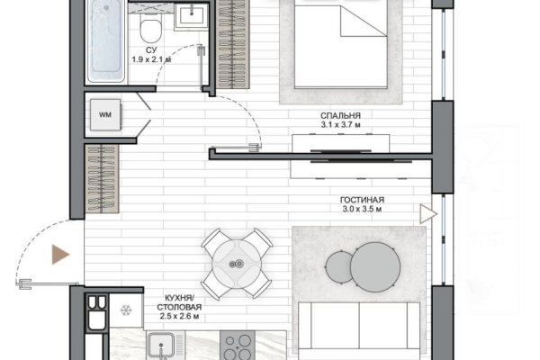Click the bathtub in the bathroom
point(105,41)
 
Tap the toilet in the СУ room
point(151,30)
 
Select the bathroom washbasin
point(192,16)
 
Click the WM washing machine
point(105,114)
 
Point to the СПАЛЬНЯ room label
point(340,116)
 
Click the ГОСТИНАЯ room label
point(362,200)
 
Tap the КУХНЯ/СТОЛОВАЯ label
point(179,302)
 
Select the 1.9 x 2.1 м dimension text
point(151,59)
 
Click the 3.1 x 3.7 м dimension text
point(340,125)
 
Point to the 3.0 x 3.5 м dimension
point(362,209)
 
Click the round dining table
point(237,265)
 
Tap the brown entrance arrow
point(60,255)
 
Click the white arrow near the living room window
point(428,214)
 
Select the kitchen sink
point(161,346)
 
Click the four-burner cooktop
point(238,346)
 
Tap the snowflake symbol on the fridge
point(126,310)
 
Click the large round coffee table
point(375,267)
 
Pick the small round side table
point(338,266)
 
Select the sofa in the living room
point(359,330)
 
